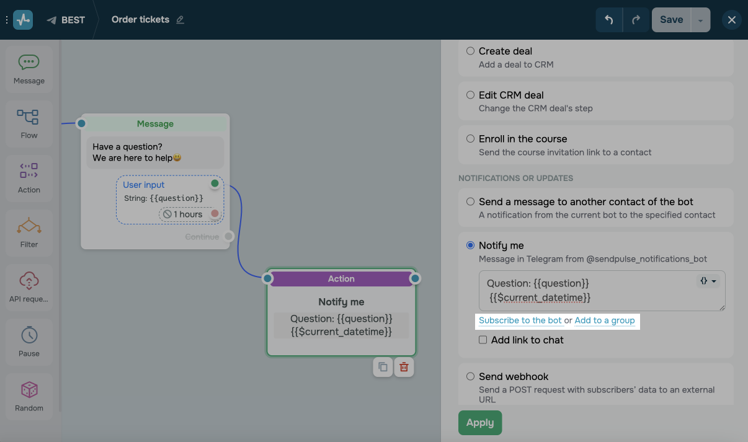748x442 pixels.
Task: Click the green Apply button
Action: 479,423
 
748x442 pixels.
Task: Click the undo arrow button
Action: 608,20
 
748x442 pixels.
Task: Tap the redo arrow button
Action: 636,20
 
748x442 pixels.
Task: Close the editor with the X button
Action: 732,20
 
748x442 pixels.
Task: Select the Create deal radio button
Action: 471,51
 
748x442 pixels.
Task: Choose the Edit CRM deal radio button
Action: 471,95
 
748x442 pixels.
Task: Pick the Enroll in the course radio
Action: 471,139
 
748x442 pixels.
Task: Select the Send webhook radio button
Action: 471,376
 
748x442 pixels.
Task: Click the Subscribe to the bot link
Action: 520,320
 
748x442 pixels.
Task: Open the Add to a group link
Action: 605,320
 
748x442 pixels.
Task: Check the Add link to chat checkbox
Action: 483,340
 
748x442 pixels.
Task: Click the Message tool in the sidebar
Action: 29,68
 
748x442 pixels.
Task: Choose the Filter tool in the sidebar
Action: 29,232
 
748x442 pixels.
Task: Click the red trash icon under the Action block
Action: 404,367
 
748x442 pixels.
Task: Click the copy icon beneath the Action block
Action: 383,367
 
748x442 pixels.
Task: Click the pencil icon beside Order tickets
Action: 180,20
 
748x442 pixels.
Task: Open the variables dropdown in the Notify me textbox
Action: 708,281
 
